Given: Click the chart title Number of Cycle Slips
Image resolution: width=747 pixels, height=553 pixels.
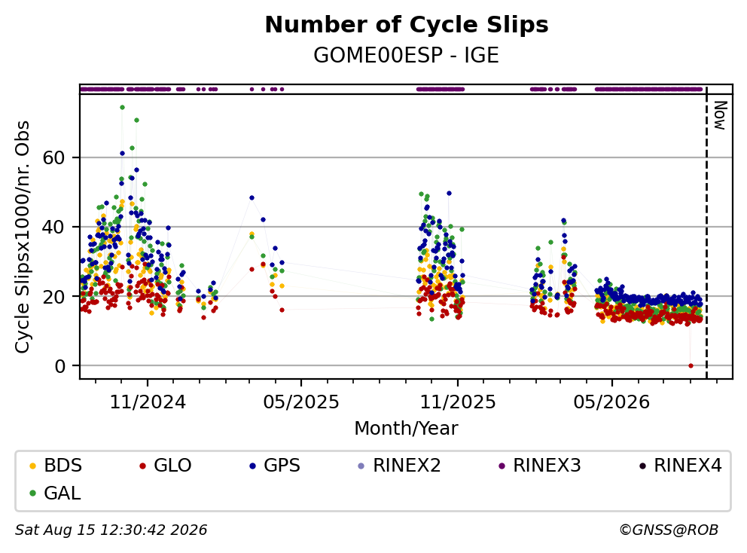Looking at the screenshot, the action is (x=407, y=25).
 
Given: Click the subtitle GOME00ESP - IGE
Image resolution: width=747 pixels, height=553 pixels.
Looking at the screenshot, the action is (x=406, y=56).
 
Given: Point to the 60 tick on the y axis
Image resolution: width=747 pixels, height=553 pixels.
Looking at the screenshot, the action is (x=53, y=157).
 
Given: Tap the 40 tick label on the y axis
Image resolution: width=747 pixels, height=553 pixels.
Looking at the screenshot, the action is (x=53, y=227).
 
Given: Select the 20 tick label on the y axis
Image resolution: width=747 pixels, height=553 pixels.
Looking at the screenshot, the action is (x=53, y=297).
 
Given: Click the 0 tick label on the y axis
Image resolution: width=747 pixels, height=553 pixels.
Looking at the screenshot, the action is (x=59, y=366).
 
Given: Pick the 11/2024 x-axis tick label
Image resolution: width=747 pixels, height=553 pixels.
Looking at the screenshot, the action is (x=148, y=402).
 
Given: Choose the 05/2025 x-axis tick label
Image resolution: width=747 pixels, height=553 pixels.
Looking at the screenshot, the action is (x=301, y=402).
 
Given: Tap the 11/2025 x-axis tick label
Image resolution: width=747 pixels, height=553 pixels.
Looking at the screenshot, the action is (x=458, y=402).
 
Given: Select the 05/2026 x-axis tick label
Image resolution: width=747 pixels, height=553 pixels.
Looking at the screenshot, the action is (x=611, y=402).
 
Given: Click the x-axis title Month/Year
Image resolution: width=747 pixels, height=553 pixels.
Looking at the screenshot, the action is (x=406, y=429).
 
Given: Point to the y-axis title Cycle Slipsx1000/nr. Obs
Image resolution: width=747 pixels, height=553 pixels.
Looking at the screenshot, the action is (x=23, y=237).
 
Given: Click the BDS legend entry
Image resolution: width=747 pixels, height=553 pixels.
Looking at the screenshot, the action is (x=56, y=466).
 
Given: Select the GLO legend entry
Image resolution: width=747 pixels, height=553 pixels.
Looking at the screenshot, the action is (x=166, y=466).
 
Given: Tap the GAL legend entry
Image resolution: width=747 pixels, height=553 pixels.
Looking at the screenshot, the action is (x=55, y=493).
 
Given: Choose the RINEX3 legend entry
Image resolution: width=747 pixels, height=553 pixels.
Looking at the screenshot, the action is (x=540, y=466).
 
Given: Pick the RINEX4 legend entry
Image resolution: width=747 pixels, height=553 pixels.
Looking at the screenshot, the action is (x=680, y=466).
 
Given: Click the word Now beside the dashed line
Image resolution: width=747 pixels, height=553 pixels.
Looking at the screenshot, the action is (x=720, y=115).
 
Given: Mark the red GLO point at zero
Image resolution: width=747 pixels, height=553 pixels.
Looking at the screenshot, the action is (x=691, y=365).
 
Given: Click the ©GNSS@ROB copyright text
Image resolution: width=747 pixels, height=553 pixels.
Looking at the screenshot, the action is (x=669, y=530).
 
